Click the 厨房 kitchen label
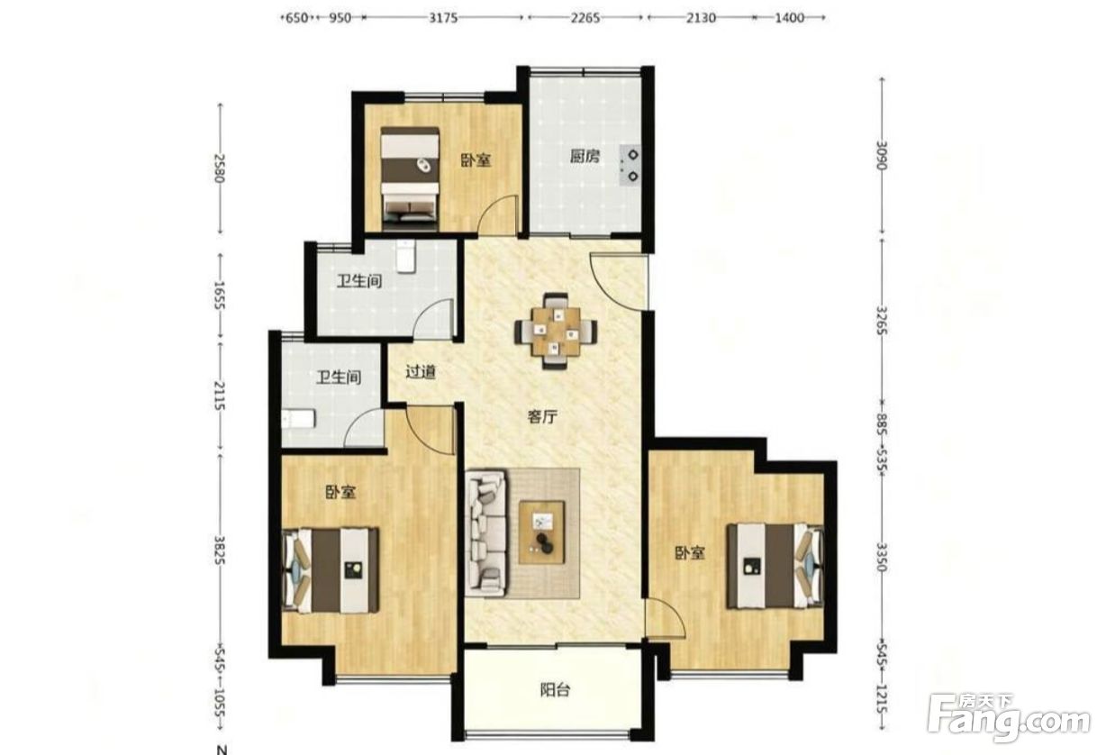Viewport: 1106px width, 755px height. [x=585, y=157]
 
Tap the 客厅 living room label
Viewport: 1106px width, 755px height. [x=542, y=417]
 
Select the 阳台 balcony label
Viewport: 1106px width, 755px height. [x=556, y=690]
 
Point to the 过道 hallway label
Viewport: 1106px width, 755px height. [x=421, y=372]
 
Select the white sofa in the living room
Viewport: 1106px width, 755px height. [x=487, y=534]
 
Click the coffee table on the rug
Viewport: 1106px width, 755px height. [x=541, y=532]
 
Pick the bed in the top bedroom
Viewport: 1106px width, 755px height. [x=410, y=178]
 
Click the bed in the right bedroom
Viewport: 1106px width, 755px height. [x=775, y=566]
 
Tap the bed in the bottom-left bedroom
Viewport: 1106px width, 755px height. [x=331, y=570]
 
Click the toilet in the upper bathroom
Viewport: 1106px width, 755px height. [x=406, y=256]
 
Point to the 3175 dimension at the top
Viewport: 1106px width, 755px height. [x=443, y=18]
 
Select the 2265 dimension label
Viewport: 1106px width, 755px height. [x=585, y=18]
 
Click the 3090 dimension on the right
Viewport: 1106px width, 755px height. [x=882, y=156]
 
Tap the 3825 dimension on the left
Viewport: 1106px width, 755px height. [x=221, y=550]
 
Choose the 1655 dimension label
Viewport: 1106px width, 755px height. [x=221, y=296]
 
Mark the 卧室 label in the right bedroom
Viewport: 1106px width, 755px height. [x=690, y=553]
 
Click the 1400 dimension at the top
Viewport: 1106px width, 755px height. [x=789, y=18]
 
